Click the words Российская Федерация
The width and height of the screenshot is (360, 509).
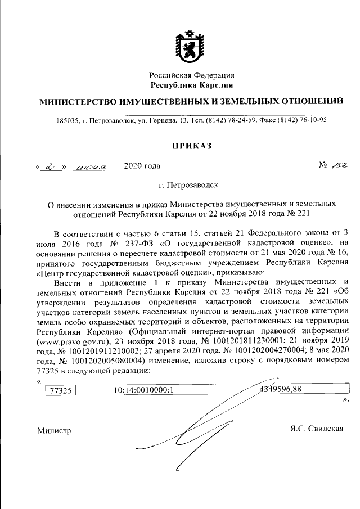tap(192, 75)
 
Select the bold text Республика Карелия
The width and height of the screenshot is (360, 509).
tap(192, 85)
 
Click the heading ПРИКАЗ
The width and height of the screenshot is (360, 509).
tap(192, 146)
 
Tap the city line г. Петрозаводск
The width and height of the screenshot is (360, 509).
tap(192, 184)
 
